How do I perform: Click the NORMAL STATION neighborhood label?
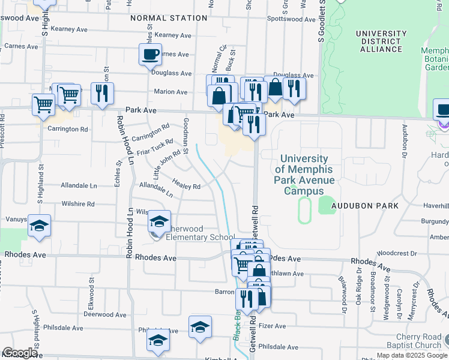point(169,18)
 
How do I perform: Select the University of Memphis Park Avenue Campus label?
point(304,175)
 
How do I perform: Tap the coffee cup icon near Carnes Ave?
point(150,55)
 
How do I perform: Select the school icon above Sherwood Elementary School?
point(160,221)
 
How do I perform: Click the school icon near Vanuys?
point(39,226)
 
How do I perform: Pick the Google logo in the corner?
point(20,353)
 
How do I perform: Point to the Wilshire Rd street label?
point(78,204)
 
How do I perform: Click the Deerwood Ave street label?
point(104,314)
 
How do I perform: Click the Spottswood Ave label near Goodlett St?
point(291,19)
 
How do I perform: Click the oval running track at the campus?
point(305,211)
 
